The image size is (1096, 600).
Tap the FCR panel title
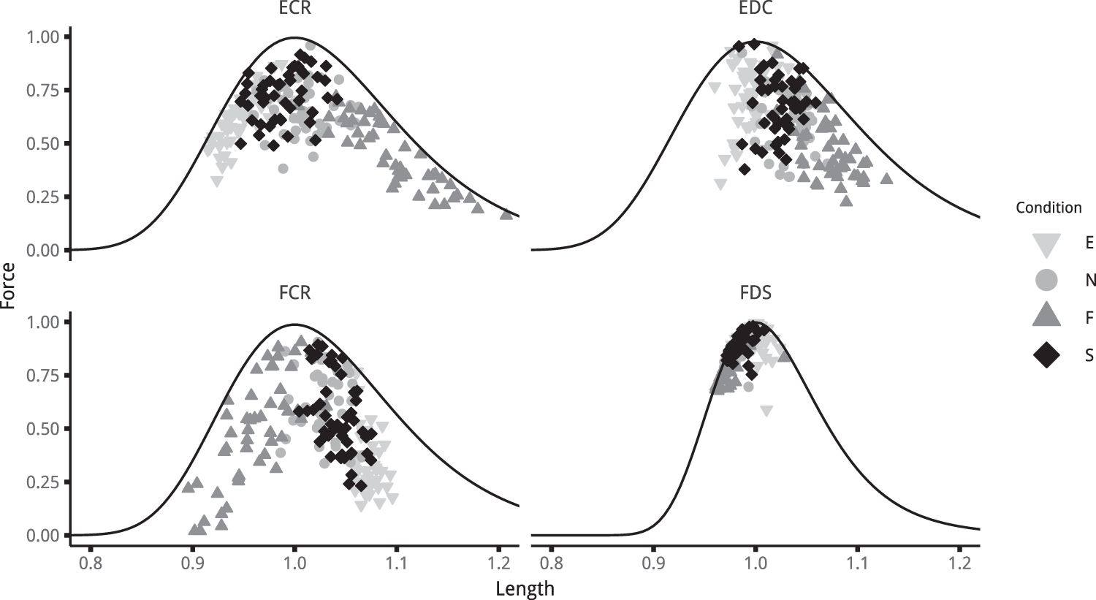pos(294,292)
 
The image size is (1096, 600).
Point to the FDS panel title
pos(756,292)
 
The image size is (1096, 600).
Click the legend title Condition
pos(1049,208)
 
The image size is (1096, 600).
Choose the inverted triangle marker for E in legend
pos(1047,245)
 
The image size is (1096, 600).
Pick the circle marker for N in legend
pos(1047,280)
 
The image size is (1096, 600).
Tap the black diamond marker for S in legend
pos(1047,355)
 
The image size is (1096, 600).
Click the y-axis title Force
pos(9,286)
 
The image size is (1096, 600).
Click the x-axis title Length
pos(525,589)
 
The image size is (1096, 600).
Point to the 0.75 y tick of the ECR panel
pos(45,90)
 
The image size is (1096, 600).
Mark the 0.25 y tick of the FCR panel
pos(45,482)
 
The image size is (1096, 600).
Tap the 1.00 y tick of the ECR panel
pos(45,37)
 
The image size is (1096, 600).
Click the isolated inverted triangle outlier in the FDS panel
pos(766,411)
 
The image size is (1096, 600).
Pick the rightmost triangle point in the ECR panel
pos(506,214)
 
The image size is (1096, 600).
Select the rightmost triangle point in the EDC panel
pos(886,178)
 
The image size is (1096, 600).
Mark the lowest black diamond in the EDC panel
pos(745,170)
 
